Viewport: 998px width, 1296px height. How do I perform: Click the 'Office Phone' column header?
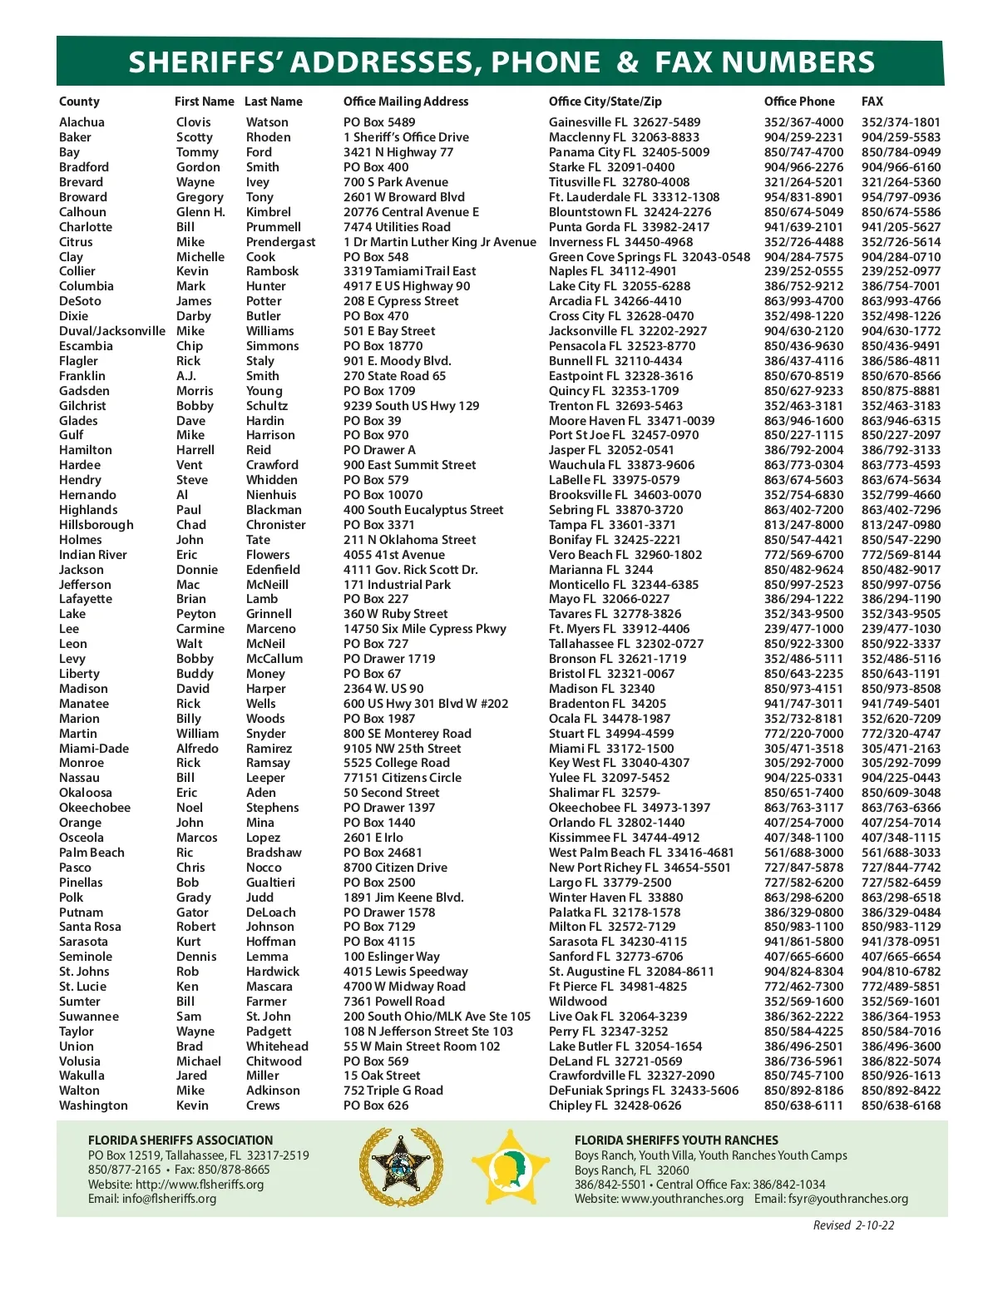pyautogui.click(x=798, y=101)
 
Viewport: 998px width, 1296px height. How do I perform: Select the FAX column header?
pyautogui.click(x=872, y=101)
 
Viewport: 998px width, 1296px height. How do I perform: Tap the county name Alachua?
pyautogui.click(x=82, y=122)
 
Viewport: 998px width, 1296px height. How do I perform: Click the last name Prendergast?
pyautogui.click(x=280, y=242)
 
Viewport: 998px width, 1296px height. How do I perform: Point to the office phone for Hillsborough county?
pyautogui.click(x=803, y=525)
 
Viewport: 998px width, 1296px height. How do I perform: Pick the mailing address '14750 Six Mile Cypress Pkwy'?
pyautogui.click(x=424, y=629)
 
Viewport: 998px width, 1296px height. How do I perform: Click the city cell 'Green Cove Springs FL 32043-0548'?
pyautogui.click(x=649, y=257)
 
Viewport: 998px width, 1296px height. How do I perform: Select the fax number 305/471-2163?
pyautogui.click(x=901, y=749)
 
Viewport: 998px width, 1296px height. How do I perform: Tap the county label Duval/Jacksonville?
pyautogui.click(x=111, y=331)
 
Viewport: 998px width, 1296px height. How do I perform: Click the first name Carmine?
pyautogui.click(x=200, y=629)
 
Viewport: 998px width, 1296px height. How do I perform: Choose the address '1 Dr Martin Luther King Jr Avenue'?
pyautogui.click(x=439, y=242)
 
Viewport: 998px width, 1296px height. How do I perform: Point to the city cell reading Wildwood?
pyautogui.click(x=577, y=1002)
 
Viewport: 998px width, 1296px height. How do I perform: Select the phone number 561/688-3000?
pyautogui.click(x=803, y=853)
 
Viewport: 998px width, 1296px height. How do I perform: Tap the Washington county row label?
pyautogui.click(x=93, y=1106)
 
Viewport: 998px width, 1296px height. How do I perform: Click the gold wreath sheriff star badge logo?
pyautogui.click(x=400, y=1167)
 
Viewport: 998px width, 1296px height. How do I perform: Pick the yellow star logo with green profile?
pyautogui.click(x=511, y=1167)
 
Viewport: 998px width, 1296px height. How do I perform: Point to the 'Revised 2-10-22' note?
pyautogui.click(x=853, y=1225)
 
